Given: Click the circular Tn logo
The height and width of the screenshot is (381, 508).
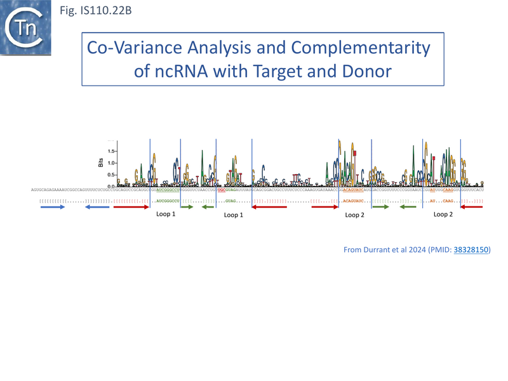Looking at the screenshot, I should pos(26,27).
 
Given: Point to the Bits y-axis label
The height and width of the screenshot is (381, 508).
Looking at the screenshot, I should pos(100,163).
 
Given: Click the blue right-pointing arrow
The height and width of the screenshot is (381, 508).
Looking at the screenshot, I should pos(53,208).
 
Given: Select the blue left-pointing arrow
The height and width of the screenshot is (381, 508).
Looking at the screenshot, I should pos(95,208).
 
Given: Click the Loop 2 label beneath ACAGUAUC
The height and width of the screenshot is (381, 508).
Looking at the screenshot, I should pos(354,215).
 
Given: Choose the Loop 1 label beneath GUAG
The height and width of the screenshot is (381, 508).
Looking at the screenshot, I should pos(234,215).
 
